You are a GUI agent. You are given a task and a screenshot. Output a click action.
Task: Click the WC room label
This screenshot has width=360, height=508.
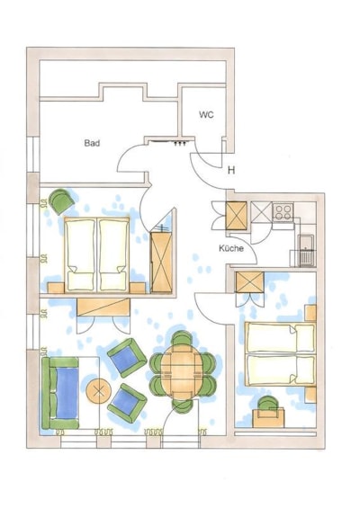[x=207, y=115]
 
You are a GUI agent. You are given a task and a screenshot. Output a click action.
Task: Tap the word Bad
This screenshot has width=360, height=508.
[x=92, y=143]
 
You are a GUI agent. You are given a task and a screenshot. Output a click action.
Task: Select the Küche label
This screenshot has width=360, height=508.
[x=231, y=248]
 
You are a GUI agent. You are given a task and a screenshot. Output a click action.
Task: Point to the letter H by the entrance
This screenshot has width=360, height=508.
[x=231, y=170]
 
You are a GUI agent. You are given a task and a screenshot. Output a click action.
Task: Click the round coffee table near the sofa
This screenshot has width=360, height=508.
[x=99, y=391]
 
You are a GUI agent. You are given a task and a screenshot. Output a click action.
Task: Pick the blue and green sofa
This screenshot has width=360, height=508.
[x=60, y=393]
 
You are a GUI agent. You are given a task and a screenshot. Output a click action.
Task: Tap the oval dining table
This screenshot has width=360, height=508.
[x=181, y=370]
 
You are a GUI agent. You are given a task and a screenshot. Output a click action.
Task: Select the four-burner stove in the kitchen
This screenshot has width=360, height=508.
[x=283, y=212]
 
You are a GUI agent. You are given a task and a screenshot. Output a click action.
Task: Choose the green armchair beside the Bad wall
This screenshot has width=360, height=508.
[x=61, y=201]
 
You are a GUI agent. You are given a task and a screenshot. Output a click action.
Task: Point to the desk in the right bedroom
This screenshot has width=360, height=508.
[x=268, y=418]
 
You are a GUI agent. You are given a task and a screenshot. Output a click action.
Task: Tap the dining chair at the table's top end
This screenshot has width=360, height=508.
[x=182, y=339]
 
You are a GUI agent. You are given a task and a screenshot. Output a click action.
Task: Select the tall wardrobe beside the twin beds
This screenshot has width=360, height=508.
[x=161, y=263]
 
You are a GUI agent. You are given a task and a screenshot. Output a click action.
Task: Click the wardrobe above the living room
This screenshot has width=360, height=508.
[x=103, y=307]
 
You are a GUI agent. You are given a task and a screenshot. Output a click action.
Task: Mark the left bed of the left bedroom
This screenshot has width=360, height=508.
[x=80, y=254]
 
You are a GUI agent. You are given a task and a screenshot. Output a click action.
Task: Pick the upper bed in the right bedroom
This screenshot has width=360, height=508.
[x=280, y=337]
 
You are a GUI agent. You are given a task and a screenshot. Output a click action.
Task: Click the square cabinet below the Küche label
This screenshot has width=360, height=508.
[x=249, y=282]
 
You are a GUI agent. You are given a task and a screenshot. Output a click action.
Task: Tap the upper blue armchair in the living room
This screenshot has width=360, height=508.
[x=127, y=358]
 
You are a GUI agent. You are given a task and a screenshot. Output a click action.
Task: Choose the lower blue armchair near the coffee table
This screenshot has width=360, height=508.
[x=127, y=404]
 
